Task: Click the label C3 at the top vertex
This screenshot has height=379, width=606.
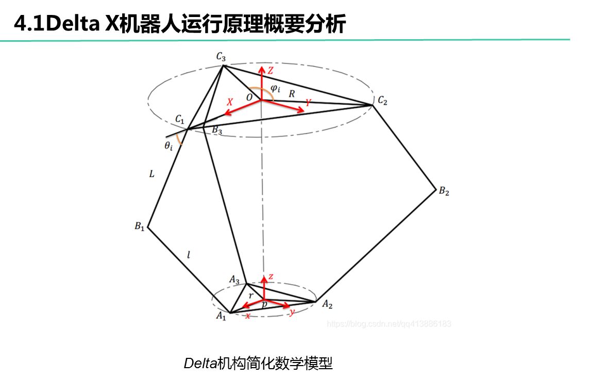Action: pyautogui.click(x=221, y=56)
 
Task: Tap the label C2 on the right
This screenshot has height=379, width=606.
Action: pyautogui.click(x=382, y=101)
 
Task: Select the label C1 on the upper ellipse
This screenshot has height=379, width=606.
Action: pyautogui.click(x=179, y=120)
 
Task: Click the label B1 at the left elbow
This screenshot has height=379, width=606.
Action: pyautogui.click(x=139, y=226)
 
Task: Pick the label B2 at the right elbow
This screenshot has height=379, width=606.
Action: pyautogui.click(x=444, y=191)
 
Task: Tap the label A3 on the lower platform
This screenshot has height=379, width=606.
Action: pyautogui.click(x=234, y=280)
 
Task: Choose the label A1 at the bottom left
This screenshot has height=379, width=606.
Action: pyautogui.click(x=221, y=316)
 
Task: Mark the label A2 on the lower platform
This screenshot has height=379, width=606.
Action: pyautogui.click(x=327, y=305)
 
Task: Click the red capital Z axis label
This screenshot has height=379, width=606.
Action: pyautogui.click(x=270, y=71)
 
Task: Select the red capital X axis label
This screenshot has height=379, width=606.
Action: pyautogui.click(x=230, y=102)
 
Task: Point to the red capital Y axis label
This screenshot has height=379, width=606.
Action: pyautogui.click(x=308, y=103)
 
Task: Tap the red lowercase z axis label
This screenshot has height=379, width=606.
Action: pyautogui.click(x=271, y=277)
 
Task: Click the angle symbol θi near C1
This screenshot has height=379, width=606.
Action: pyautogui.click(x=168, y=146)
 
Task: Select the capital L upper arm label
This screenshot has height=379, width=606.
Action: pyautogui.click(x=151, y=174)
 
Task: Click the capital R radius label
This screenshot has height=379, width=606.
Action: pyautogui.click(x=292, y=94)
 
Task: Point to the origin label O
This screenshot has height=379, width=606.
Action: pyautogui.click(x=249, y=97)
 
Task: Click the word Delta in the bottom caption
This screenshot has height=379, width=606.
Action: pyautogui.click(x=200, y=364)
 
